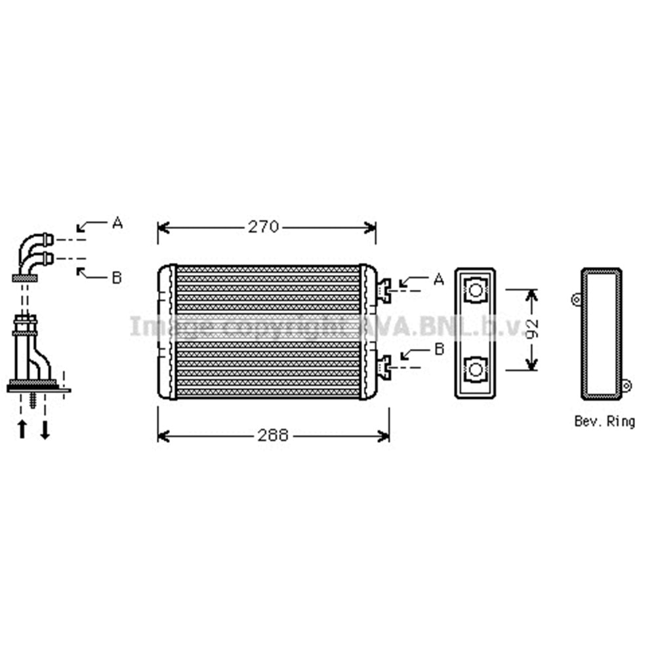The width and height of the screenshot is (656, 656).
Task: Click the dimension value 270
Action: click(263, 227)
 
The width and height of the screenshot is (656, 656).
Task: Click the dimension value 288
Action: click(273, 436)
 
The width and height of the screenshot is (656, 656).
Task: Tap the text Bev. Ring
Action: click(605, 421)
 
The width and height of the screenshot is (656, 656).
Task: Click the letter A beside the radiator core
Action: click(438, 279)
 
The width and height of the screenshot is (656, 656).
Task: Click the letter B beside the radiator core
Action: click(439, 349)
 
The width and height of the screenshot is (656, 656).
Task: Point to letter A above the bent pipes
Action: click(117, 222)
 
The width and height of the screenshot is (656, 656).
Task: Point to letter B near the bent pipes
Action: click(117, 277)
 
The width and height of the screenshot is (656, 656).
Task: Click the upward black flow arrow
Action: click(22, 429)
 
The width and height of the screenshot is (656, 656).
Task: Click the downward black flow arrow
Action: click(45, 429)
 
